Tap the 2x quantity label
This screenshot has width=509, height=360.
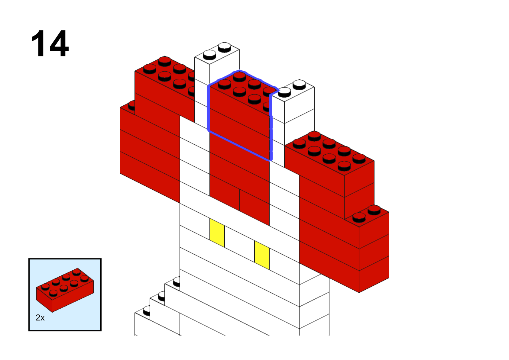[40, 318]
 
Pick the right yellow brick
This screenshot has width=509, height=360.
[262, 255]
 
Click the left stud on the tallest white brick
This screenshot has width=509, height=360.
[209, 55]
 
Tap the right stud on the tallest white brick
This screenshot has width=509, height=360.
[225, 47]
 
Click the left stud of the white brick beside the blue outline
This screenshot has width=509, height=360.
[284, 92]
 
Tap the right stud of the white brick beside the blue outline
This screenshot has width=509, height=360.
[299, 84]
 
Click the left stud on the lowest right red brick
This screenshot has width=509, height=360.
[359, 217]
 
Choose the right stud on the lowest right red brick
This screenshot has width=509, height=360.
[374, 210]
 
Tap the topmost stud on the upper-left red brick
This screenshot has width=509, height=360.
[165, 61]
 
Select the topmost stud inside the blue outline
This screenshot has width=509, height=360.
[239, 76]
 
